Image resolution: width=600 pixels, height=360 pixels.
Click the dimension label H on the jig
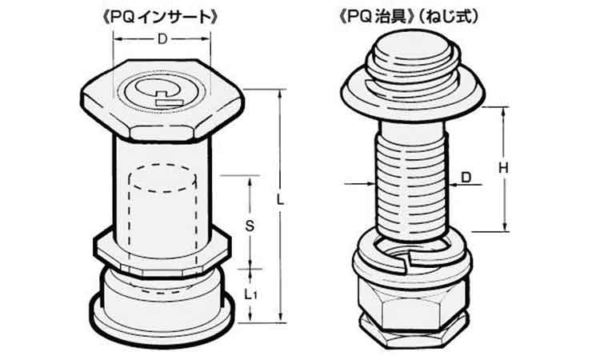(502, 168)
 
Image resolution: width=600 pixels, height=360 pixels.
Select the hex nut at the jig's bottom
(412, 308)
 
